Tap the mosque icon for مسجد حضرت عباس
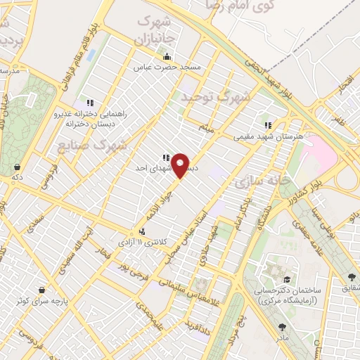point(167,58)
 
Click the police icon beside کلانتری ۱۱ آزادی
point(143,231)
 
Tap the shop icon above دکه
point(16,167)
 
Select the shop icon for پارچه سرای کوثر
point(43,290)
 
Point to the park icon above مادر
point(282,327)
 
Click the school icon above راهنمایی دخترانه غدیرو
point(89,103)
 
